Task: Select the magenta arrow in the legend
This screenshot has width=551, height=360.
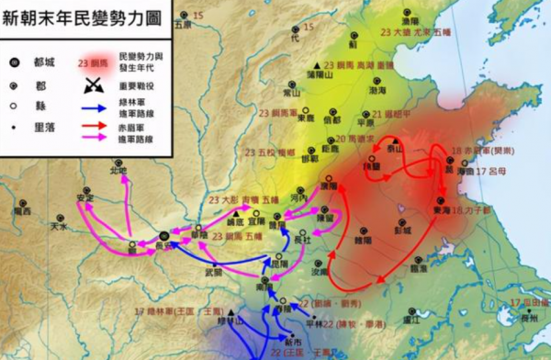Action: click(94, 138)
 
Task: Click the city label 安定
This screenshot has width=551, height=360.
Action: click(85, 196)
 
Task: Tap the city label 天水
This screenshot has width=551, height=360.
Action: click(58, 224)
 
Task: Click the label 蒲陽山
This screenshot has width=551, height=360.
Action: click(317, 75)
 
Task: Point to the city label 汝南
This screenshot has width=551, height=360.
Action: click(320, 272)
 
